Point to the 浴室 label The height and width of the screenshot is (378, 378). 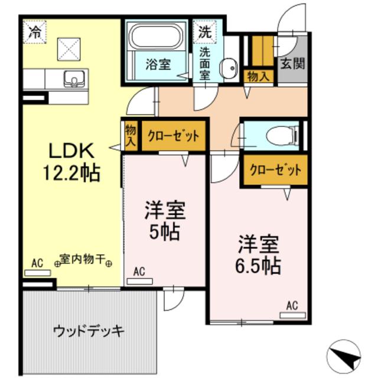(x=158, y=64)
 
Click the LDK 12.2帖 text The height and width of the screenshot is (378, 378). (x=70, y=162)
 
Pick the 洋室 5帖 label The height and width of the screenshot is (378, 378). (x=165, y=220)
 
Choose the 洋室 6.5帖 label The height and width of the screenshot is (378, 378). (x=259, y=255)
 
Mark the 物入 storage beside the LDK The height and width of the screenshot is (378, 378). (x=130, y=136)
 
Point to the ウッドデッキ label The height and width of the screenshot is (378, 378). (x=89, y=330)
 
